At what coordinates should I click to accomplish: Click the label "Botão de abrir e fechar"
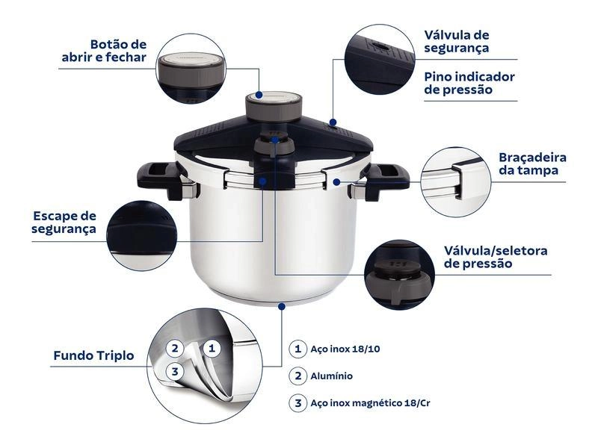click(x=104, y=51)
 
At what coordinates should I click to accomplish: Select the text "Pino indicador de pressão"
click(x=469, y=83)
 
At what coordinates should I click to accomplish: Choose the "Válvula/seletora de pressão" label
click(x=496, y=257)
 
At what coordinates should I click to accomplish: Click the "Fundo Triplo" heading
click(x=93, y=355)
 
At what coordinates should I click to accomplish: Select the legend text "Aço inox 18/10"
click(x=340, y=349)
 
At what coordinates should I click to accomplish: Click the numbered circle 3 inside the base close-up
click(x=173, y=371)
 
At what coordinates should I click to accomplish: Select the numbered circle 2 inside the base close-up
click(x=173, y=347)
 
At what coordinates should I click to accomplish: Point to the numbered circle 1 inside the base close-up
click(x=212, y=347)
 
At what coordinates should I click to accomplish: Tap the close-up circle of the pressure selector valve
click(x=399, y=273)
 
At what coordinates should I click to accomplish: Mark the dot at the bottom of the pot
click(x=282, y=305)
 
